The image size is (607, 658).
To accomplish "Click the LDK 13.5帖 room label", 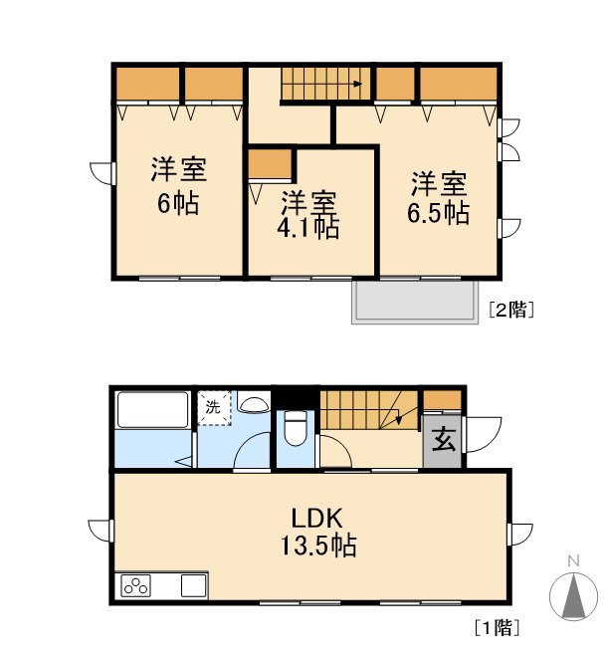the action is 318,532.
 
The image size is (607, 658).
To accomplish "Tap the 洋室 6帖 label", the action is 178,185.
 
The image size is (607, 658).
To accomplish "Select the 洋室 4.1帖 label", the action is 308,214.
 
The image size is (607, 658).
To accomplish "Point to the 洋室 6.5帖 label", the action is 439,197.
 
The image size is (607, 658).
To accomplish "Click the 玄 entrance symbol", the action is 444,439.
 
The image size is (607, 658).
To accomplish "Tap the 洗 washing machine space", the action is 214,408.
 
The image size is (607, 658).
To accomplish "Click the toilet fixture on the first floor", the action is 296,428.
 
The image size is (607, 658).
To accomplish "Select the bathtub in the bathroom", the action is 152,409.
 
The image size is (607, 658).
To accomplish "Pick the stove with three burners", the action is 136,585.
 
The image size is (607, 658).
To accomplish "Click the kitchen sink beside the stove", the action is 194,585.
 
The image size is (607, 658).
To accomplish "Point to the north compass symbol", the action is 573,590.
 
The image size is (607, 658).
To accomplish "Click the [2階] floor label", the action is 510,310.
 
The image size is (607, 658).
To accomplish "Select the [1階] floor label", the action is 498,628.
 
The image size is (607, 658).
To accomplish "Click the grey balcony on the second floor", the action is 415,302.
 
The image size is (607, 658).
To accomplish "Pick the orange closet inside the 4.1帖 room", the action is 270,164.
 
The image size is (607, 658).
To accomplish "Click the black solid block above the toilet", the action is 296,398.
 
